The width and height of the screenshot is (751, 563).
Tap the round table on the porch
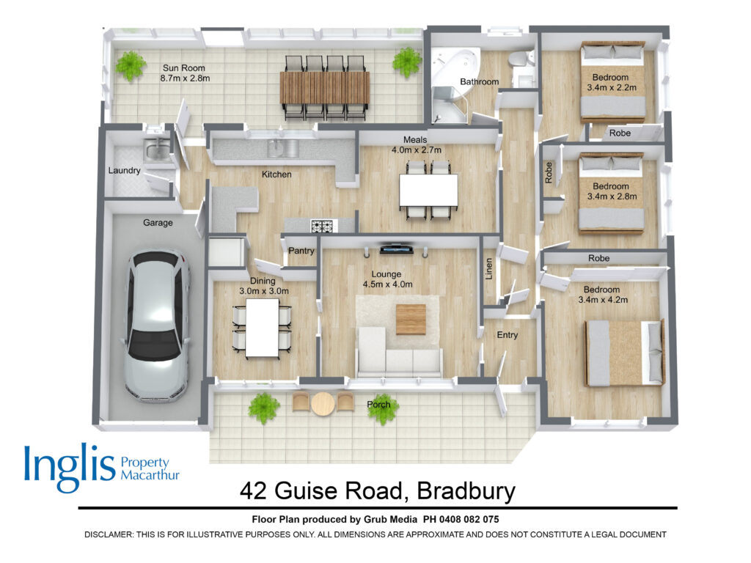tap(323, 402)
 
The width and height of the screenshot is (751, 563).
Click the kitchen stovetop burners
tap(323, 226)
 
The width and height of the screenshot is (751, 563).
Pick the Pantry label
tap(301, 251)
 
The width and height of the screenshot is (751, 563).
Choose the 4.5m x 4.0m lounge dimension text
tap(388, 284)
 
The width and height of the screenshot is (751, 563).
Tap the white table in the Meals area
tap(428, 190)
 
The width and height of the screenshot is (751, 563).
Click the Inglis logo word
tap(70, 469)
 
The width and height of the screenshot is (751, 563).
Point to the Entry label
tap(508, 335)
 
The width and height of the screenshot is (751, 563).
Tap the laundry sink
tap(155, 152)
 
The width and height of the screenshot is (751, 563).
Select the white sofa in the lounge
tap(400, 359)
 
